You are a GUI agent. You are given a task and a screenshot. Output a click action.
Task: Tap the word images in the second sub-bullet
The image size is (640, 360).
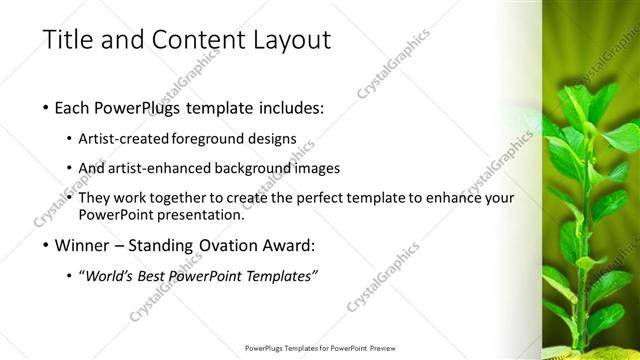click(318, 168)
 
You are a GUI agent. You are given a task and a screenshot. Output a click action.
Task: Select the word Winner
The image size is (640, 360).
click(84, 245)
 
